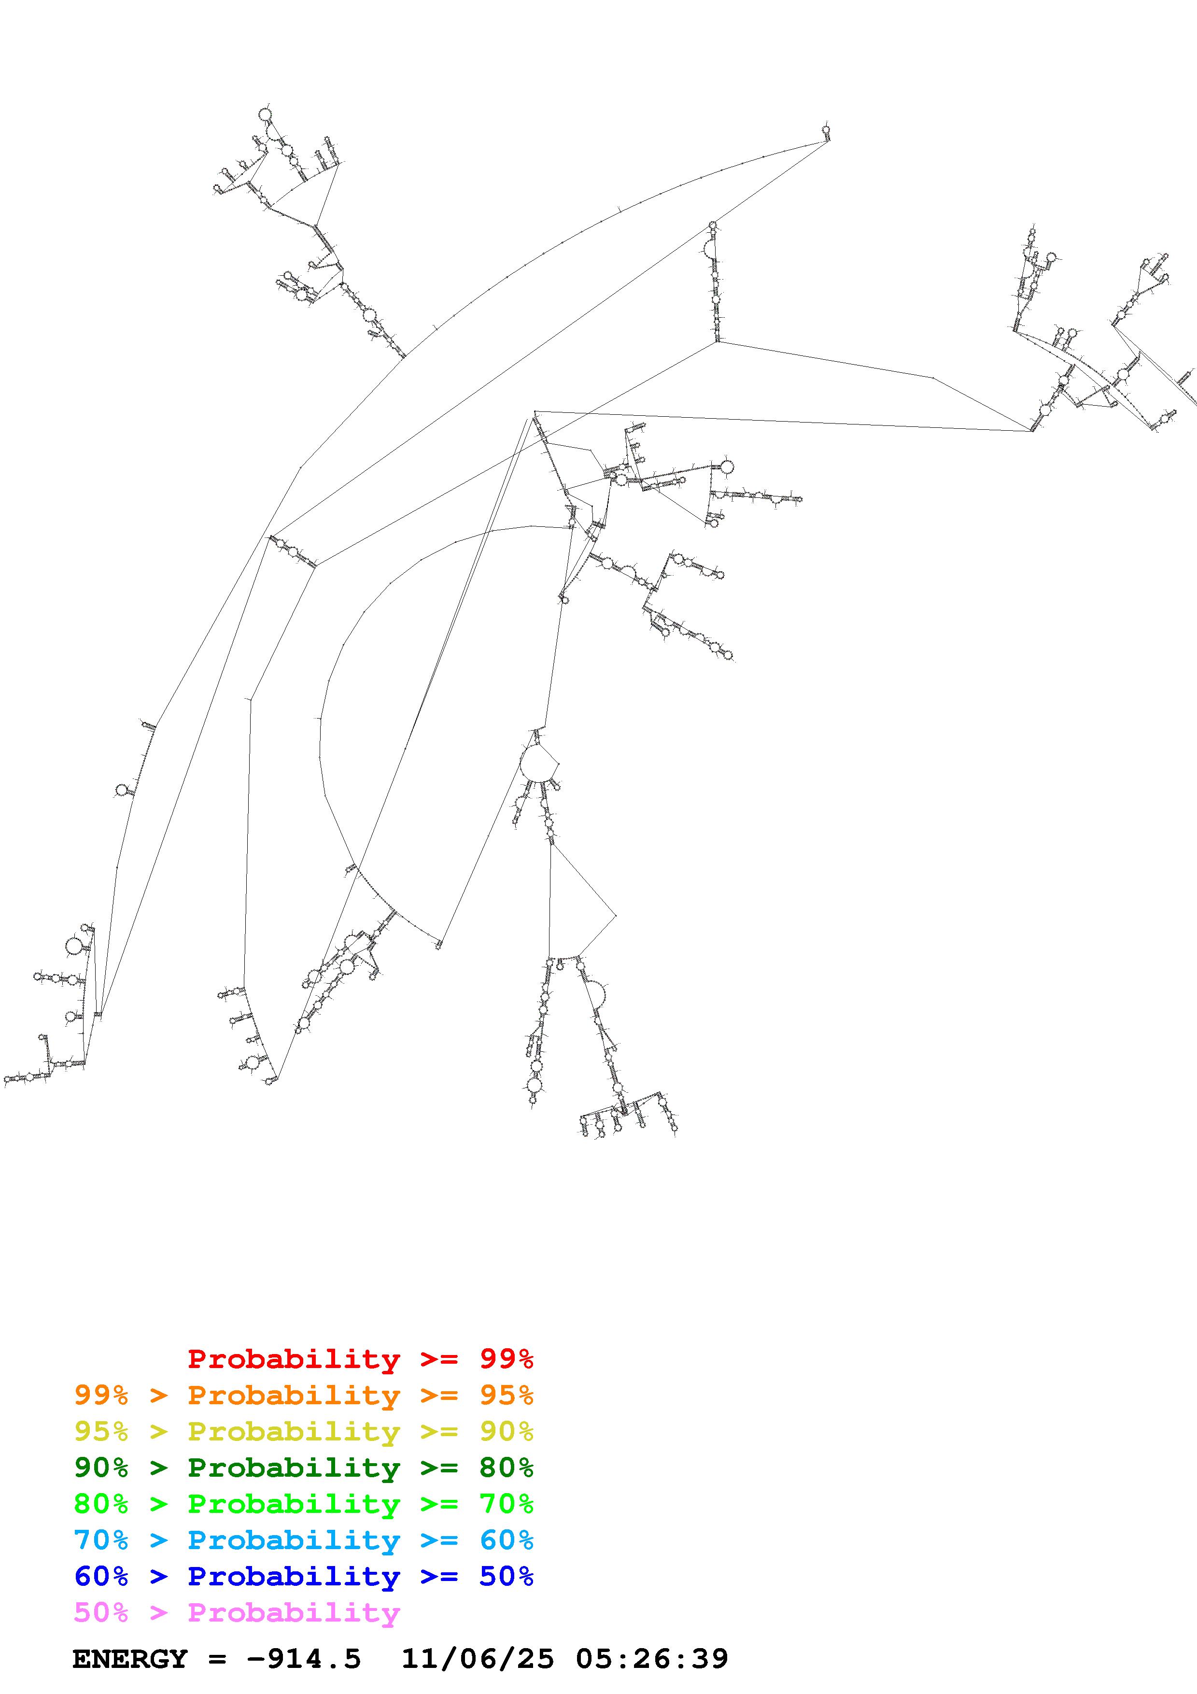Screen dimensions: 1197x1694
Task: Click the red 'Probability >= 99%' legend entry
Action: coord(360,1359)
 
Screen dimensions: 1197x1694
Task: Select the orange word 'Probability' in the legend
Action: coord(294,1395)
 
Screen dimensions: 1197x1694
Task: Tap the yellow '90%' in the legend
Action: coord(506,1431)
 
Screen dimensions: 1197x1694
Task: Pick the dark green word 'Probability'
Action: coord(294,1468)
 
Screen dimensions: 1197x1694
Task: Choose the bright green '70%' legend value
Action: coord(506,1504)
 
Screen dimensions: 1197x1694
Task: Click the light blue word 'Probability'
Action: coord(294,1540)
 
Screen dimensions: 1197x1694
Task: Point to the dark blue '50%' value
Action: coord(506,1576)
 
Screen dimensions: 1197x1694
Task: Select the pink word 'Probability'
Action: coord(294,1612)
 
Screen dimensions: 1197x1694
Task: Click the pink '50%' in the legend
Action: coord(101,1612)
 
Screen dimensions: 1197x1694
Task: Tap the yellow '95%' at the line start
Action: coord(101,1431)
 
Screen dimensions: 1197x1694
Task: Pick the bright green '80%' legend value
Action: coord(101,1504)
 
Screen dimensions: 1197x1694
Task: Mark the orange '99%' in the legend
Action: coord(101,1395)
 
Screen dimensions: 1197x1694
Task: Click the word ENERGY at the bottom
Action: coord(130,1659)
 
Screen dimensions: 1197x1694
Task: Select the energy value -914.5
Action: coord(304,1659)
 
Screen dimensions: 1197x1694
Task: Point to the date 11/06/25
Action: coord(477,1659)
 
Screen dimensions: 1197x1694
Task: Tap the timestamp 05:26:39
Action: coord(651,1659)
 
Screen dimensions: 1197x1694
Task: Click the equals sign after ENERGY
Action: coord(217,1659)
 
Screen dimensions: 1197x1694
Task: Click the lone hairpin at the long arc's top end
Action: coord(826,131)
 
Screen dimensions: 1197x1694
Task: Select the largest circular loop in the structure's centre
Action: coord(537,763)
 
